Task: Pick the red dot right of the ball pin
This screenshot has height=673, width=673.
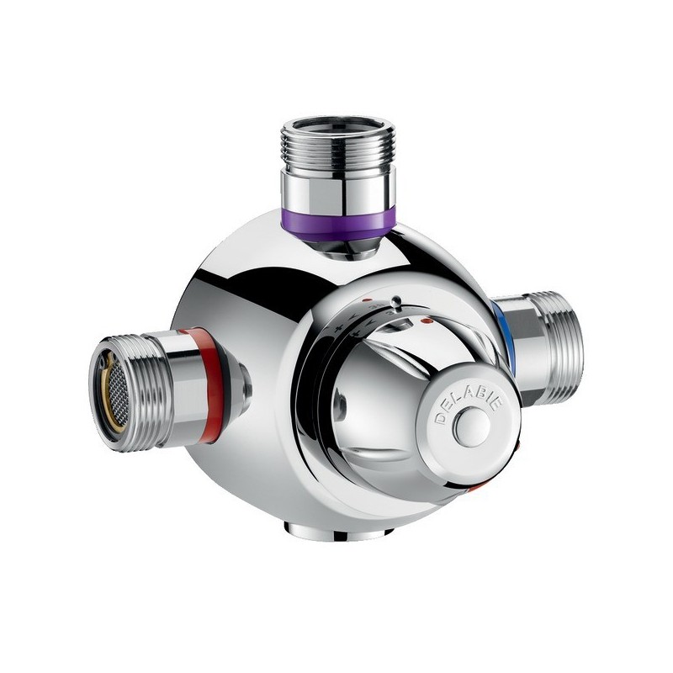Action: [x=427, y=321]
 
